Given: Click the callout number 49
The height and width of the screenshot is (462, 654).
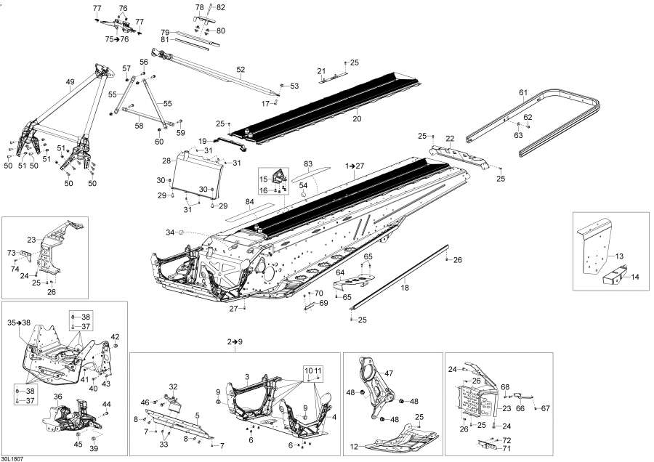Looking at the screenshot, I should (70, 82).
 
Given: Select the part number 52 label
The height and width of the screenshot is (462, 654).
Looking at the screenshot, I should (241, 69).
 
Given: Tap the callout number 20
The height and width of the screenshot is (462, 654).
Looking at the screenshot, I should (357, 118).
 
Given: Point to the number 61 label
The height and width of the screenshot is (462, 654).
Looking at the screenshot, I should (522, 92).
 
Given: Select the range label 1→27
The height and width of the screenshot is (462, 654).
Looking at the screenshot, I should (355, 166).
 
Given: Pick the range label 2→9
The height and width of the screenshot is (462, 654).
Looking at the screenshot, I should (234, 341).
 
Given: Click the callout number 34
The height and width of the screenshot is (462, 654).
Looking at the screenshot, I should (170, 232).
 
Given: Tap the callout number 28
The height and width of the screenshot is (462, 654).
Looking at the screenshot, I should (166, 161).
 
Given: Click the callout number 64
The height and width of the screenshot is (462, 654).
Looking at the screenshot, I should (339, 272).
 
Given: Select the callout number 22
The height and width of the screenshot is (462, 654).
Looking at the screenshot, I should (450, 138).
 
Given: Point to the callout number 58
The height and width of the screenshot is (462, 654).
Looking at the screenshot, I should (139, 126).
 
